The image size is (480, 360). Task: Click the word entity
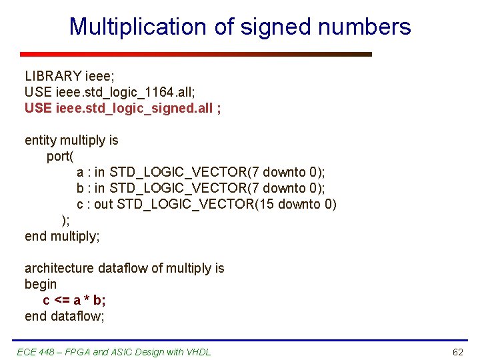tap(41, 140)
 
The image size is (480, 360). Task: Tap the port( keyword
tap(60, 156)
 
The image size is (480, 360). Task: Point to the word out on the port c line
tap(103, 204)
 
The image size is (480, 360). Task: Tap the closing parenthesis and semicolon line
tap(65, 220)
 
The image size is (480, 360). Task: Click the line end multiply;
tap(62, 236)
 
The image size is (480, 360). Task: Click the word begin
tap(41, 284)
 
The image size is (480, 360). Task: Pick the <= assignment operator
tap(61, 300)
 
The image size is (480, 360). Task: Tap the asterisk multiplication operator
tap(83, 300)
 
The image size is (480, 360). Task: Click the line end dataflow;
tap(65, 316)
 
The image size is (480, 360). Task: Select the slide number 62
tap(457, 352)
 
